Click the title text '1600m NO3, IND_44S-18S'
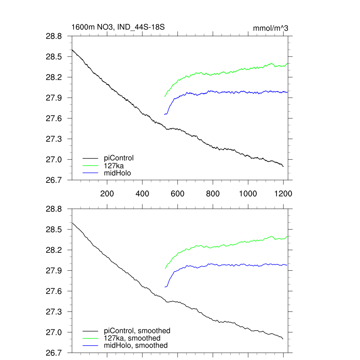tap(118, 27)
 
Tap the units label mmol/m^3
tap(270, 28)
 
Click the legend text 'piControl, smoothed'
tap(137, 331)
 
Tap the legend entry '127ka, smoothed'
tap(132, 338)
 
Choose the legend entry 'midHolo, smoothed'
tap(136, 346)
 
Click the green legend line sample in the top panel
tap(90, 166)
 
